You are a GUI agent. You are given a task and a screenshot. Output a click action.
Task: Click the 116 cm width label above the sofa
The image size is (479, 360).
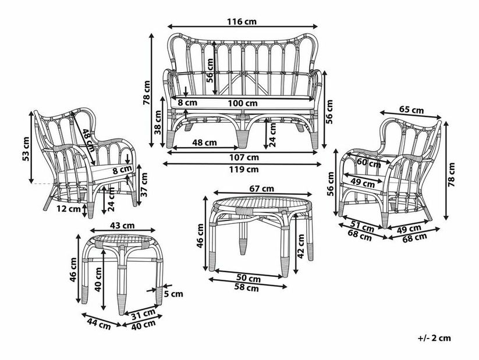tap(242, 22)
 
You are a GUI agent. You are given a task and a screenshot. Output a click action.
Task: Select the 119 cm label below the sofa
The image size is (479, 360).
tap(243, 169)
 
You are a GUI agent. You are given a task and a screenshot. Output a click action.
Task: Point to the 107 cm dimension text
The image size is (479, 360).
tap(243, 157)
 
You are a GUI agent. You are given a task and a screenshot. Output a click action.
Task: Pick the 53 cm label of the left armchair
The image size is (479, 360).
tap(26, 149)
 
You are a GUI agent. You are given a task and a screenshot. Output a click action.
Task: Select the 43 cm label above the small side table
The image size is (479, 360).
tap(123, 226)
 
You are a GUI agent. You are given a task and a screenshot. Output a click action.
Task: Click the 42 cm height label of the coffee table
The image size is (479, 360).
tap(300, 245)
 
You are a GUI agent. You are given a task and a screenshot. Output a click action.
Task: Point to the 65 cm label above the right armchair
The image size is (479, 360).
tap(411, 109)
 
